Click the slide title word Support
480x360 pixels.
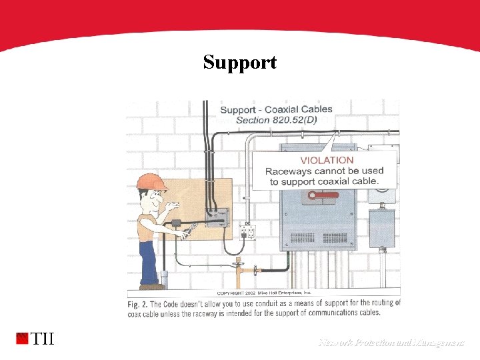[239, 63]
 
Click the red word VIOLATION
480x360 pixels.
[327, 160]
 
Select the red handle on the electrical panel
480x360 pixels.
[322, 196]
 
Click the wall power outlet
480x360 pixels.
[248, 231]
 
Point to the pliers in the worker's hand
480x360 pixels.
[189, 231]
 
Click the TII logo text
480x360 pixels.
[43, 339]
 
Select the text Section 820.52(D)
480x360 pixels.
[277, 119]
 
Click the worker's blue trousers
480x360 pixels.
[147, 260]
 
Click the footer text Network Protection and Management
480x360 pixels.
[391, 343]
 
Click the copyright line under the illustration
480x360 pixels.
[264, 293]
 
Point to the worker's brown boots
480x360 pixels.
[151, 287]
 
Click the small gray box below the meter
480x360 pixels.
[382, 227]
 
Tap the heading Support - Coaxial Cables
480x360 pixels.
[276, 109]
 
